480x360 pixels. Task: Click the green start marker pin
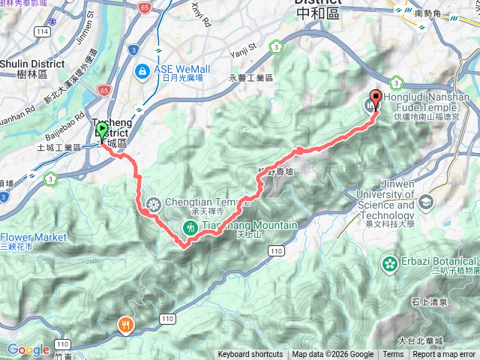coord(102,132)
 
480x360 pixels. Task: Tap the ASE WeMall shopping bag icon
coord(141,70)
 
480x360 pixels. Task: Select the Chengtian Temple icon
coord(153,204)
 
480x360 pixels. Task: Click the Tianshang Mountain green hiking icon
coord(190,227)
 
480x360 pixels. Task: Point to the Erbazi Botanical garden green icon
coord(390,264)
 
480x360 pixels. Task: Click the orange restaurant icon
coord(125,325)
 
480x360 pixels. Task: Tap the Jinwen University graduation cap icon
coord(426,201)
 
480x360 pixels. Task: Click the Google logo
coord(28,349)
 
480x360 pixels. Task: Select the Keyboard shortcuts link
coord(252,355)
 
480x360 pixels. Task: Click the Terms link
coord(393,355)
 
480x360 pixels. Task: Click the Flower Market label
coord(33,237)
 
